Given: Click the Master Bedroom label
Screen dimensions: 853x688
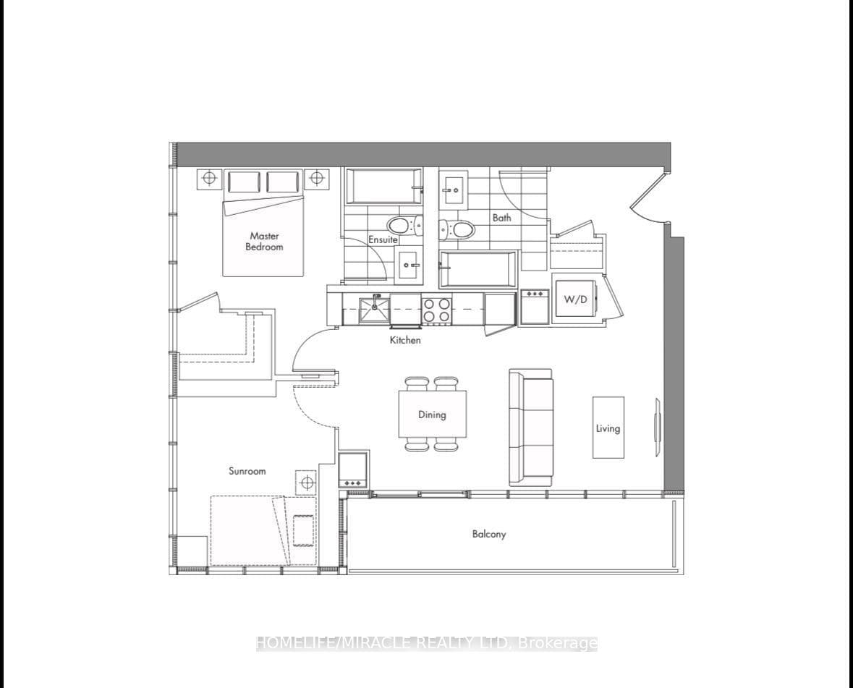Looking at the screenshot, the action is click(264, 241).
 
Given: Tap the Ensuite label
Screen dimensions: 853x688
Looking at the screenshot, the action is click(383, 239).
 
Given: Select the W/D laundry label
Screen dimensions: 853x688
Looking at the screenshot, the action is click(575, 299).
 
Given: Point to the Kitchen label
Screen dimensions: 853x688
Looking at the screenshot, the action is click(405, 340).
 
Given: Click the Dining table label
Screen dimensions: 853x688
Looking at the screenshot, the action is click(432, 415).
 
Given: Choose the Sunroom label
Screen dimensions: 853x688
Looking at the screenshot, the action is click(247, 471).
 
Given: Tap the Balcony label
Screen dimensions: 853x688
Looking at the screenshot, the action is click(489, 534).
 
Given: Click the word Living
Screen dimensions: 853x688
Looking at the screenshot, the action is click(608, 428).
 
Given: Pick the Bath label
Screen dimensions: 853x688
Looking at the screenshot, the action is click(501, 218).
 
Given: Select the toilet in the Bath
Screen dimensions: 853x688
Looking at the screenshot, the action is click(457, 229).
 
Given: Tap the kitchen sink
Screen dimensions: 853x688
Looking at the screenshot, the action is click(374, 311).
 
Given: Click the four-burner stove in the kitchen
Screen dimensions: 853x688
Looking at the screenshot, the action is click(437, 311).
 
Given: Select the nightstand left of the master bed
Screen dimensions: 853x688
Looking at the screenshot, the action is click(209, 178).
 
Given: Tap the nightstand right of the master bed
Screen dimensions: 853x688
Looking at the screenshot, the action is click(317, 178).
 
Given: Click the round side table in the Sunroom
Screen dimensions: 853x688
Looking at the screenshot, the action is click(306, 482).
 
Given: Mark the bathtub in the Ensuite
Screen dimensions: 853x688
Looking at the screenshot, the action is click(383, 187).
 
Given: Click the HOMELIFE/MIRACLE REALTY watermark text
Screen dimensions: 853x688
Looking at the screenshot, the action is click(427, 643).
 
